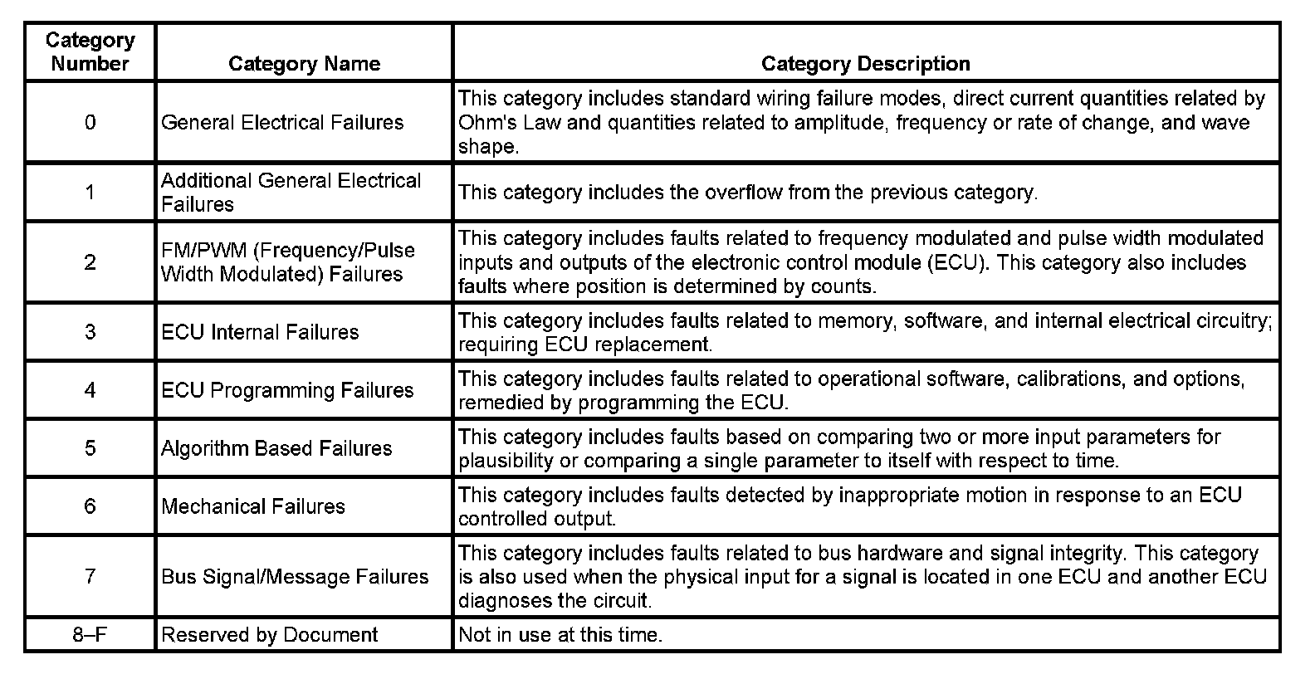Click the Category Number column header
[x=90, y=51]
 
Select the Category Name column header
[x=304, y=64]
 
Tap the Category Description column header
[x=865, y=64]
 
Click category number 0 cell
[x=90, y=123]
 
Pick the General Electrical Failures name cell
[x=282, y=123]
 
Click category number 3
[x=90, y=332]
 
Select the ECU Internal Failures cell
[x=260, y=332]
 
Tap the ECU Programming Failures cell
[x=287, y=390]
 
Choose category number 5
[x=90, y=448]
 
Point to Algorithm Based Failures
[x=276, y=448]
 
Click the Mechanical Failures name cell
[x=253, y=506]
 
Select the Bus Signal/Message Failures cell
[x=295, y=577]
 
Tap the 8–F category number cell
[x=90, y=635]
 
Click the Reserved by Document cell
[x=270, y=635]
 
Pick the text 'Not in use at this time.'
[x=560, y=635]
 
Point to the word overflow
[x=743, y=193]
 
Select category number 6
[x=90, y=506]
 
